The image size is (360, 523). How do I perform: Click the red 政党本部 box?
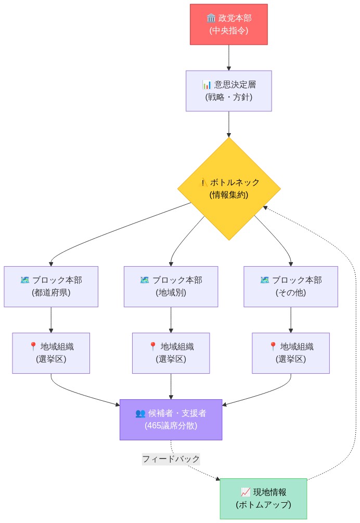(228, 24)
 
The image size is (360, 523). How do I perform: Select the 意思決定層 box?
(228, 90)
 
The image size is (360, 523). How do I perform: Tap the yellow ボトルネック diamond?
(228, 189)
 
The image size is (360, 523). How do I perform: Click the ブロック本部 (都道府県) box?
(51, 286)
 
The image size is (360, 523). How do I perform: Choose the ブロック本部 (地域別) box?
(171, 286)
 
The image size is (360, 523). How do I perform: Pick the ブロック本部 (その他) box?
(290, 286)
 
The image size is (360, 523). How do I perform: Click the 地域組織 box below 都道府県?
(51, 353)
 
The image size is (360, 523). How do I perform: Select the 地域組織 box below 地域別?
(171, 353)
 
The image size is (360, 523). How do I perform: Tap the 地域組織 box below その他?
(290, 353)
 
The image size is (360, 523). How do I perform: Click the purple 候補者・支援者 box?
(171, 420)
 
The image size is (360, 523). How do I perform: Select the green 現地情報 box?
(263, 499)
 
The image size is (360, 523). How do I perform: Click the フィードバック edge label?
(171, 459)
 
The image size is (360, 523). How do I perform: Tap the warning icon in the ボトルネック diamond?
(204, 182)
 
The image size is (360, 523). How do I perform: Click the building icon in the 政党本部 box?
(211, 18)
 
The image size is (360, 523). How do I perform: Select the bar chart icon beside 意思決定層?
(207, 85)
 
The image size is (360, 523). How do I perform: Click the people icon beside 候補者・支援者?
(140, 413)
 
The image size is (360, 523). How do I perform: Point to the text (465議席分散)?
(171, 426)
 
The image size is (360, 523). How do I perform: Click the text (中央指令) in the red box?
(228, 31)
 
